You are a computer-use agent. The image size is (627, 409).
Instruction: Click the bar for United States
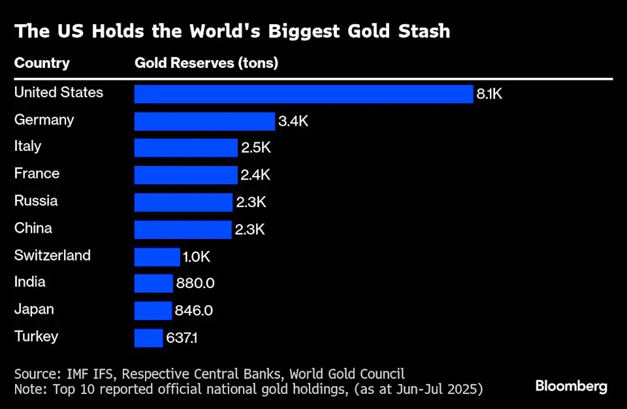304,94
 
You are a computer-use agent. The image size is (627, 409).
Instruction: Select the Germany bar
204,122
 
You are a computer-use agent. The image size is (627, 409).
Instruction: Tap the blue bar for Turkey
148,338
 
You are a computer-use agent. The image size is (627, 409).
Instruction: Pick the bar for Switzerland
157,257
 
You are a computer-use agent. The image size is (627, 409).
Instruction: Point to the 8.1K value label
490,94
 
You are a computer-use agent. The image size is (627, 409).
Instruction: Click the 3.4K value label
293,122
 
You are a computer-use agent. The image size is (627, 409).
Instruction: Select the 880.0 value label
195,284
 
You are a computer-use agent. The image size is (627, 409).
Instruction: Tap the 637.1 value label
185,338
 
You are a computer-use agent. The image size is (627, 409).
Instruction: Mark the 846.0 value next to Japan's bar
194,311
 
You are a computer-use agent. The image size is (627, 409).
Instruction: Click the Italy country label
27,146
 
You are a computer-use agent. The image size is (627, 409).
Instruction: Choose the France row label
37,174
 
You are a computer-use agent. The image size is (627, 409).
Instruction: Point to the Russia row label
36,201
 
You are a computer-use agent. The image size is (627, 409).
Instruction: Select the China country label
33,228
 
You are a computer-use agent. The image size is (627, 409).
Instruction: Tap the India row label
30,282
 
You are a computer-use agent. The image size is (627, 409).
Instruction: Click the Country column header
42,63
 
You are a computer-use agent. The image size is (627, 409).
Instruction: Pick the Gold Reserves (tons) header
206,63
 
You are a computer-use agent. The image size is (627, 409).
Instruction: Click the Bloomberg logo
571,386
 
